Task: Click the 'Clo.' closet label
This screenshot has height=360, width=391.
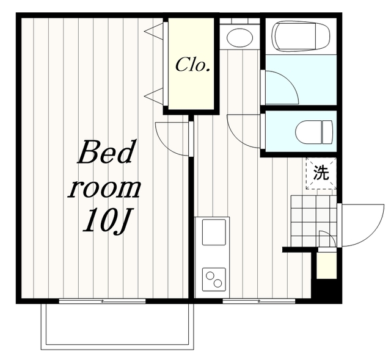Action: pyautogui.click(x=192, y=65)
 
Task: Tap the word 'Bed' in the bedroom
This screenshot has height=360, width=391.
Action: pyautogui.click(x=104, y=152)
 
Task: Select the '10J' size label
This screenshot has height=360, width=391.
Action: pyautogui.click(x=107, y=220)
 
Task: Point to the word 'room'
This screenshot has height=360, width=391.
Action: pyautogui.click(x=104, y=188)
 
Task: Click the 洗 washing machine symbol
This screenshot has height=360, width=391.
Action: pyautogui.click(x=321, y=173)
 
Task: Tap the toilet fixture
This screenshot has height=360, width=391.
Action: pyautogui.click(x=314, y=132)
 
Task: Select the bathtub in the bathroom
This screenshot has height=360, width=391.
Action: pyautogui.click(x=302, y=37)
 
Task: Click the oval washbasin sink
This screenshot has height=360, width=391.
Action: pyautogui.click(x=240, y=38)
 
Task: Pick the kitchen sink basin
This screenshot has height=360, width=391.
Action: pyautogui.click(x=214, y=232)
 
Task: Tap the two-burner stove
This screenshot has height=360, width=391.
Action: pyautogui.click(x=214, y=279)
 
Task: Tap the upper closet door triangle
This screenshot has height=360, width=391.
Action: pyautogui.click(x=154, y=31)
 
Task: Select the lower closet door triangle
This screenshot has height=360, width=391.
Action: pyautogui.click(x=154, y=96)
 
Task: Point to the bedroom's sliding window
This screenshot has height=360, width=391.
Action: pyautogui.click(x=102, y=301)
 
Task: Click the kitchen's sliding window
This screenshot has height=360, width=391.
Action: pyautogui.click(x=259, y=301)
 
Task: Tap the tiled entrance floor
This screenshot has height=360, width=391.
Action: pyautogui.click(x=313, y=221)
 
